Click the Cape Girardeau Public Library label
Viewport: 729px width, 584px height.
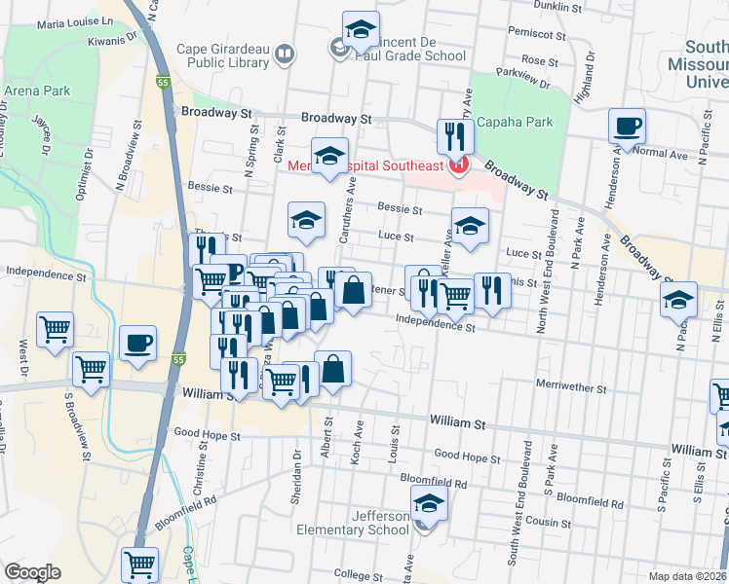pyautogui.click(x=222, y=55)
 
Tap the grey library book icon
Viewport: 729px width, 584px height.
pyautogui.click(x=285, y=55)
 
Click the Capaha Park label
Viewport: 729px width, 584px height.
pyautogui.click(x=521, y=122)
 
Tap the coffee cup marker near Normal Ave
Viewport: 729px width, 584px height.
pyautogui.click(x=627, y=127)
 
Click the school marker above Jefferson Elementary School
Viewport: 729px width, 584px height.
pyautogui.click(x=427, y=505)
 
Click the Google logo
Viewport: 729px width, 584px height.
pyautogui.click(x=32, y=572)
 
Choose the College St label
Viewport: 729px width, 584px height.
pyautogui.click(x=361, y=574)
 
